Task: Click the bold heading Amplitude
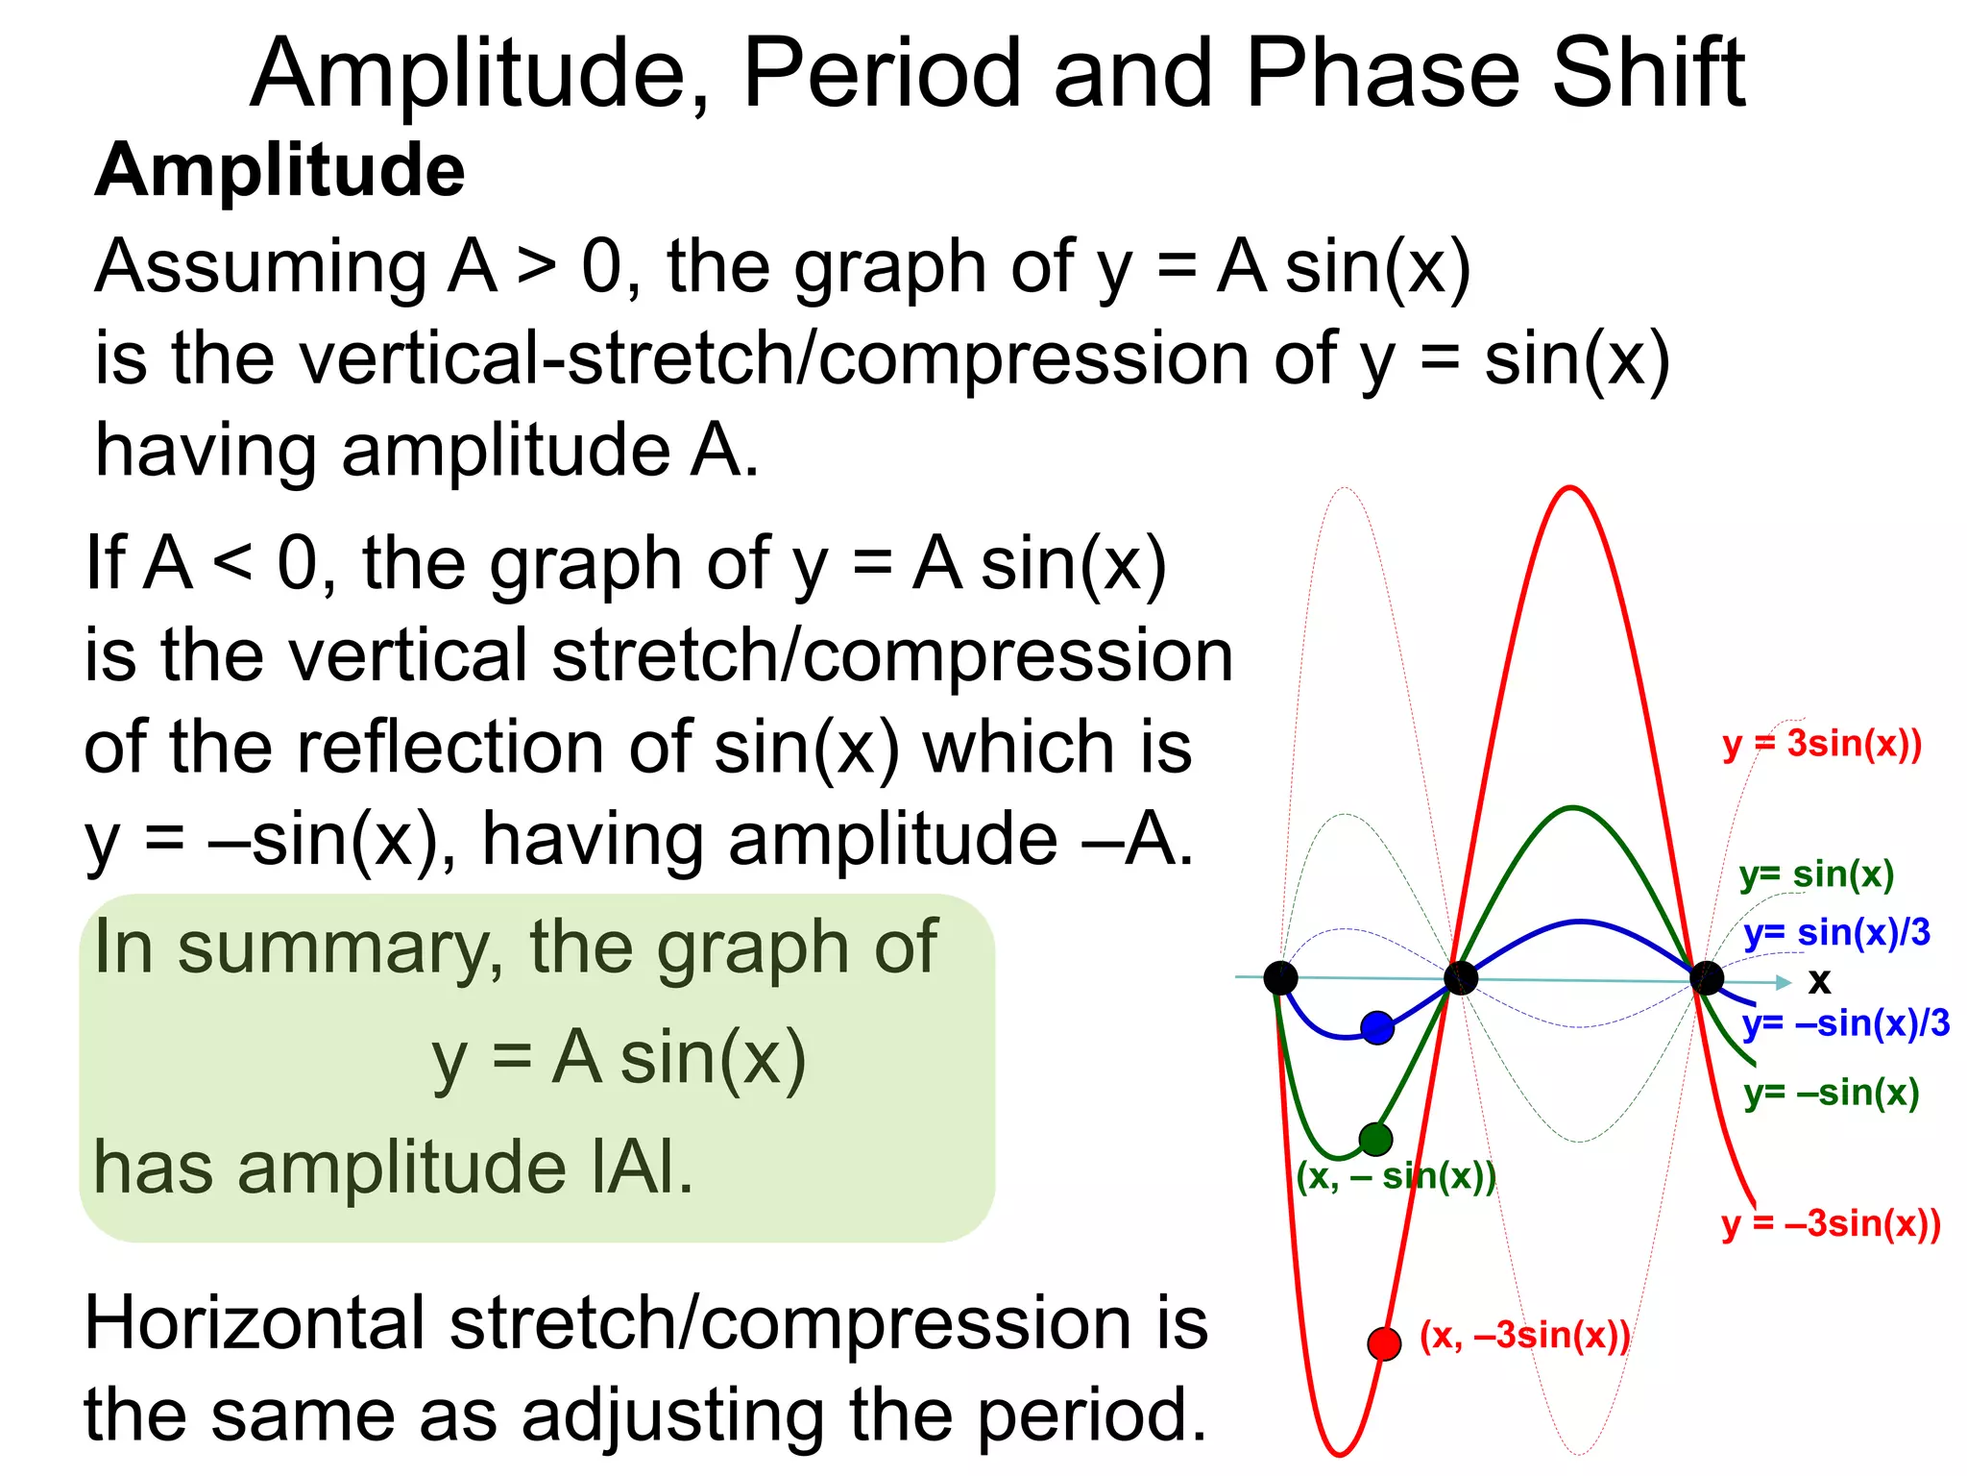tap(279, 171)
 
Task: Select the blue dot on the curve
tap(1377, 1027)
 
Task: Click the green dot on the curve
tap(1375, 1140)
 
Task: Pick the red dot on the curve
tap(1384, 1343)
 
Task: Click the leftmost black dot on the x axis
tap(1280, 978)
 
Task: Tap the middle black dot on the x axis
tap(1461, 979)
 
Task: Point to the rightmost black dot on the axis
tap(1707, 979)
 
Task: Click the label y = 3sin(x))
tap(1822, 745)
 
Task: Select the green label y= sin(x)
tap(1816, 874)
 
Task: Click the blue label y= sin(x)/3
tap(1836, 933)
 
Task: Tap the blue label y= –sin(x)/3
tap(1846, 1024)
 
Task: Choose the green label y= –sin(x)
tap(1832, 1094)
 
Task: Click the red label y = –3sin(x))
tap(1831, 1224)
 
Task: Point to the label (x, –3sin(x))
tap(1525, 1336)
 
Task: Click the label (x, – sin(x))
tap(1396, 1177)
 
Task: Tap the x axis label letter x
tap(1819, 981)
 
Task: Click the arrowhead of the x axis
tap(1784, 982)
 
